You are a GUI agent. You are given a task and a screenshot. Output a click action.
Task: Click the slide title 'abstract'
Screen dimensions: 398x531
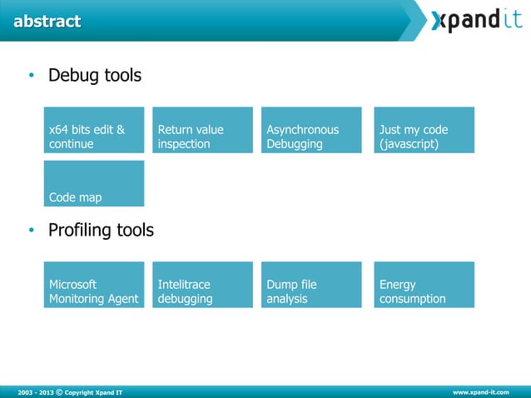[x=47, y=22]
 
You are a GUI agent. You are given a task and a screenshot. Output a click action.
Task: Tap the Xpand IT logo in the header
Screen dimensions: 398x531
[x=475, y=20]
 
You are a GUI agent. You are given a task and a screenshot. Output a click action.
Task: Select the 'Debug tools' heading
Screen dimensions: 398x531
[x=94, y=76]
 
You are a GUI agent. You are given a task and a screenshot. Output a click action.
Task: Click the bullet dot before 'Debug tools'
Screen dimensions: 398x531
[x=31, y=77]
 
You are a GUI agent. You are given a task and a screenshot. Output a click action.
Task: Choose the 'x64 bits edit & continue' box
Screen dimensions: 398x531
[x=94, y=130]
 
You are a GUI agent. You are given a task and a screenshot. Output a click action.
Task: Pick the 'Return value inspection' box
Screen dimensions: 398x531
[x=202, y=130]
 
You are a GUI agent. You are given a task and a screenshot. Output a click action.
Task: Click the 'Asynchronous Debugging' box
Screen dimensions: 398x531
[x=311, y=130]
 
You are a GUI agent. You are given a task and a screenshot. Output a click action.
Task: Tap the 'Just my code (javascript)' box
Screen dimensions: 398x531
[x=424, y=130]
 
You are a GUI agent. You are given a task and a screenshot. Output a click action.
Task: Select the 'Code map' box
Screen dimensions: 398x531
[x=94, y=183]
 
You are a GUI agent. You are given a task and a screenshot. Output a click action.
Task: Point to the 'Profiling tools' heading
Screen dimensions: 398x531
[x=101, y=230]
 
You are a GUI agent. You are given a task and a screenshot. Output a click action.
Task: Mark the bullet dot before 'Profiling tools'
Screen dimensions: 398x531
[x=31, y=231]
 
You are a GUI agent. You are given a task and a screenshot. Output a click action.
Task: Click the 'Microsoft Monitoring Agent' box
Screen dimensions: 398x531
[x=94, y=285]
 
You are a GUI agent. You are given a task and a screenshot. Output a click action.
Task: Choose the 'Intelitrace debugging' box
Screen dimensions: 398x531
[x=202, y=285]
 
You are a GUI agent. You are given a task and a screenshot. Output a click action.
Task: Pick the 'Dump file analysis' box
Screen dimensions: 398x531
[x=311, y=285]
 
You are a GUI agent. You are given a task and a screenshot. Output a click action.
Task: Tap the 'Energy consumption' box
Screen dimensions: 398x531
[x=424, y=285]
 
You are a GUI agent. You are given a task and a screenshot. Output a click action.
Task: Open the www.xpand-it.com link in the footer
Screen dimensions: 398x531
[x=480, y=391]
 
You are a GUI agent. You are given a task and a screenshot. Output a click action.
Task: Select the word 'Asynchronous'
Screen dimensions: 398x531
[x=303, y=130]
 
